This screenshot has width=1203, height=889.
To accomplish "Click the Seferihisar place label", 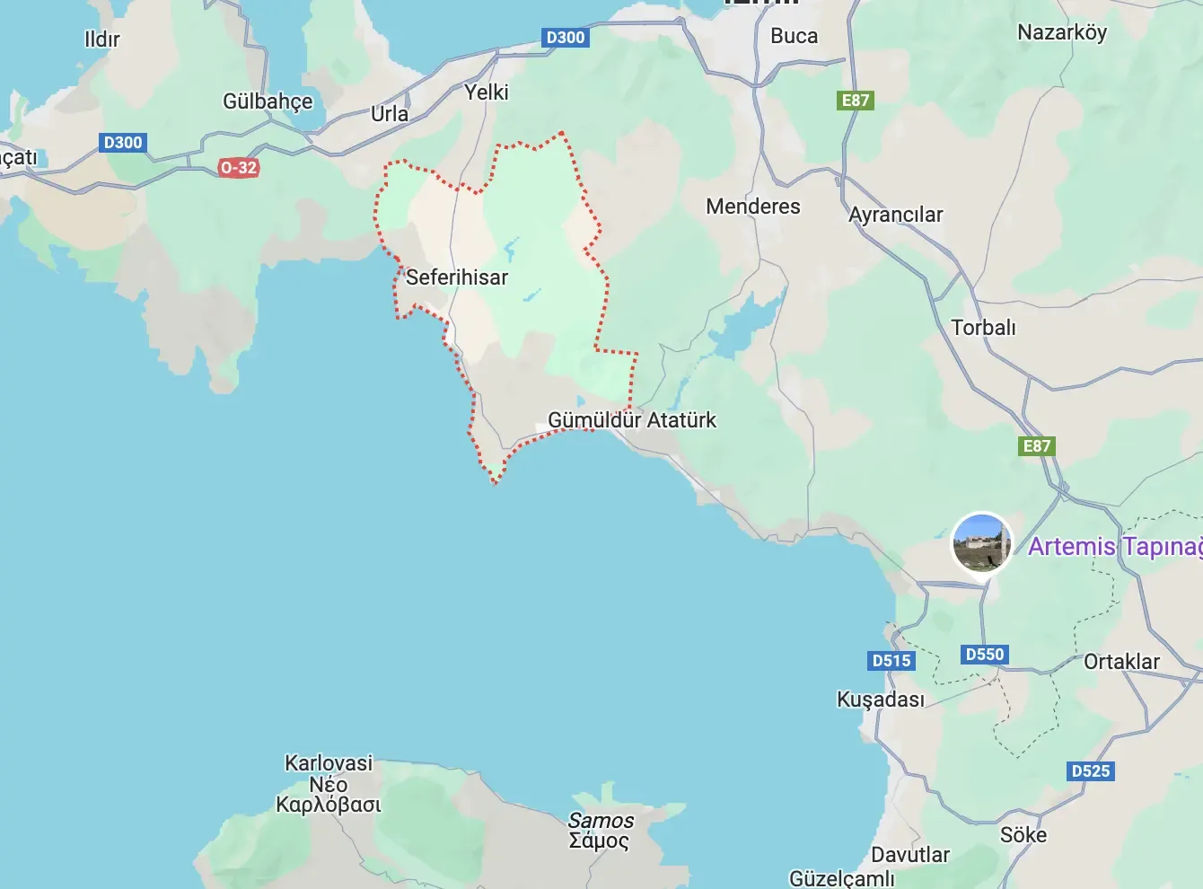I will (x=456, y=277).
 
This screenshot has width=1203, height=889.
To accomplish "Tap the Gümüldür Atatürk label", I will (x=632, y=420).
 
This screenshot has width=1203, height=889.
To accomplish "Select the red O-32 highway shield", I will (x=238, y=167).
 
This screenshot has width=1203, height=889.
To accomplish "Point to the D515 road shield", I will (x=891, y=661).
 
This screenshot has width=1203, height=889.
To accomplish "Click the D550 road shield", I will (x=984, y=655).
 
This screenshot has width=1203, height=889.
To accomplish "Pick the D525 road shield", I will (x=1091, y=770).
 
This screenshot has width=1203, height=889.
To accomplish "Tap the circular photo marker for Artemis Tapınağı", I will (x=981, y=541).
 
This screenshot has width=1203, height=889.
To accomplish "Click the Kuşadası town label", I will (x=880, y=700).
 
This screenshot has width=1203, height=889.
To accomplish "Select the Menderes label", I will (x=752, y=207).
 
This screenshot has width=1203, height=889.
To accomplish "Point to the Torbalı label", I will (x=983, y=328).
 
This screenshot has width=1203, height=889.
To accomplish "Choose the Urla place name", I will (x=390, y=114).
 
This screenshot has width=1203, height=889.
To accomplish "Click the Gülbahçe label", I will (x=268, y=101).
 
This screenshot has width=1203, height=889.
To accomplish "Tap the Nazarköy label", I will (x=1062, y=33).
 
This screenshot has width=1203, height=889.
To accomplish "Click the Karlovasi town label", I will (x=329, y=764).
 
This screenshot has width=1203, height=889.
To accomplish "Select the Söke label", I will (x=1023, y=835).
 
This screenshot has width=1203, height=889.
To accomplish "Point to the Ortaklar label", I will (x=1121, y=662).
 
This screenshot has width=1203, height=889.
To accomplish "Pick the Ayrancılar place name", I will (x=895, y=215).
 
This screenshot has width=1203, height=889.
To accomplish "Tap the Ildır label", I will (x=101, y=40).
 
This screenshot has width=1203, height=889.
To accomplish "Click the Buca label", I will (x=794, y=37).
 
